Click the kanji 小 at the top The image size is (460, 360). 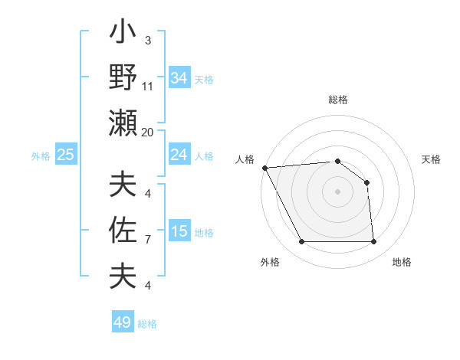123,34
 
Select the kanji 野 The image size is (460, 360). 123,78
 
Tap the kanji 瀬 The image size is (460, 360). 123,123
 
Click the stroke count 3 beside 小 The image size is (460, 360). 147,41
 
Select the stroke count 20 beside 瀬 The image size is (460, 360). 148,132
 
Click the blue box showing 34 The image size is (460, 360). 179,78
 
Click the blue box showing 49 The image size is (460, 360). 123,322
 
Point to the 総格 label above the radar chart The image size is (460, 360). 338,100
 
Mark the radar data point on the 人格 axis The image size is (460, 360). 264,167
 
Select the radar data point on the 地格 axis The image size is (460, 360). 373,242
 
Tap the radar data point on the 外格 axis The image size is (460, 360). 301,242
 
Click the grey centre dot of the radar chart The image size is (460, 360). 337,191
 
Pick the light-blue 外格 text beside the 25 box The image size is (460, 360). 41,156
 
